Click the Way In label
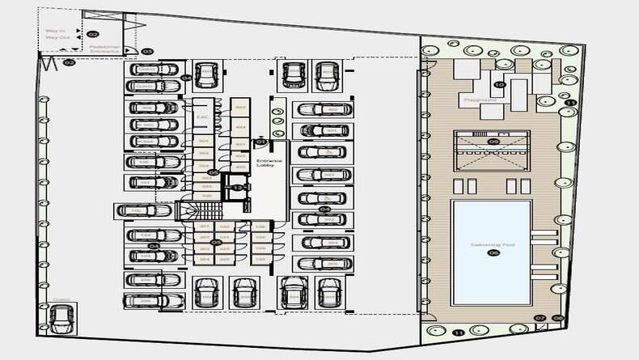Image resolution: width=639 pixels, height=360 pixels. click(56, 31)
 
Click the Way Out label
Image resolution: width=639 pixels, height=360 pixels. click(56, 38)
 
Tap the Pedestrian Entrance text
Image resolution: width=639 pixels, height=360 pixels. click(105, 50)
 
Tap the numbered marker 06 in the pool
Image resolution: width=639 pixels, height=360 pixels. click(492, 253)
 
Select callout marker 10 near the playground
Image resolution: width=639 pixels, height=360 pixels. click(499, 84)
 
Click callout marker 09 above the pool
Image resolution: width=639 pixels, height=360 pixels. click(493, 142)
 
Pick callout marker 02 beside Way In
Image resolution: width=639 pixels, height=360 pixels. click(92, 34)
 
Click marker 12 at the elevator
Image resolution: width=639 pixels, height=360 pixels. click(237, 187)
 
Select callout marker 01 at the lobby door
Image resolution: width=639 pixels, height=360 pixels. click(261, 142)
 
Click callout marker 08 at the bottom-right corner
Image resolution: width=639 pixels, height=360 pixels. click(558, 318)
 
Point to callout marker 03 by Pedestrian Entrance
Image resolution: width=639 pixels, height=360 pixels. click(147, 52)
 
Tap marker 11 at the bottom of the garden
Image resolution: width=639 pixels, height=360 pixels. click(459, 332)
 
